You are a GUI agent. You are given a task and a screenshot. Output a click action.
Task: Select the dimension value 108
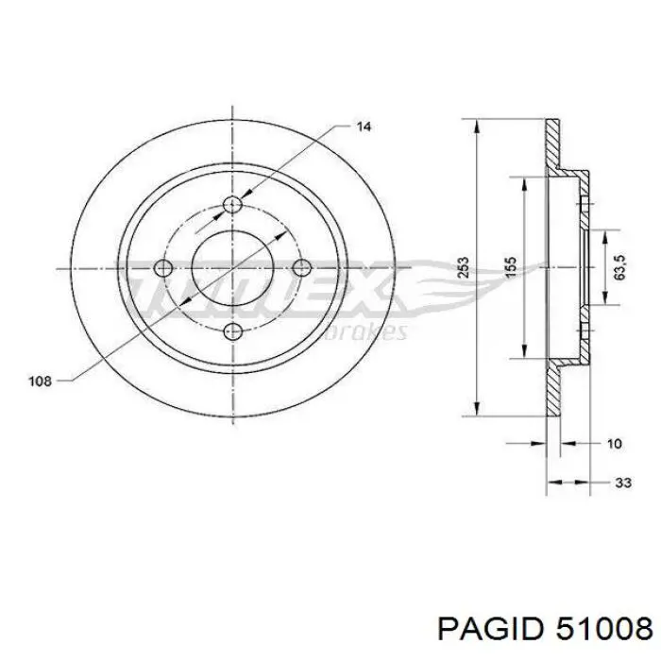tap(40, 381)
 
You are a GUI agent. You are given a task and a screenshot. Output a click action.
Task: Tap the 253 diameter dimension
tap(461, 267)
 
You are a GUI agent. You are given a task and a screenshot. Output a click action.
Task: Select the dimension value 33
tap(622, 483)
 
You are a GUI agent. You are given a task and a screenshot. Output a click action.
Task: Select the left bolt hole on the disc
tap(165, 268)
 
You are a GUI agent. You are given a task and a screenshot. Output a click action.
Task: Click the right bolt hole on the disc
tap(301, 268)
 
